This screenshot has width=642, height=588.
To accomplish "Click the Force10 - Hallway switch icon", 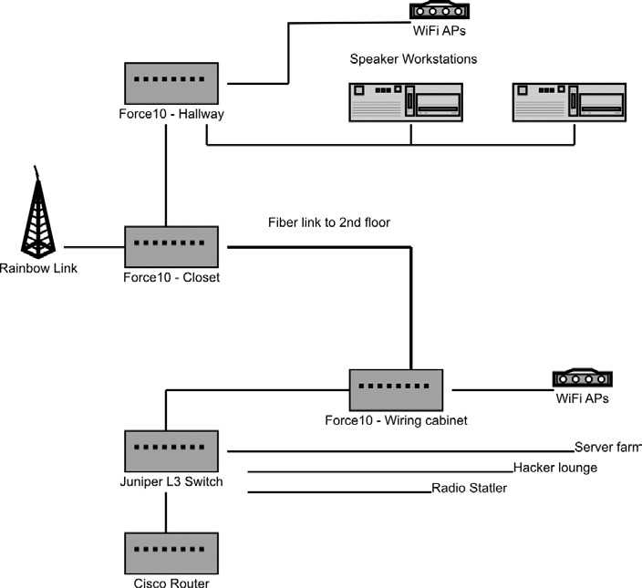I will (171, 81).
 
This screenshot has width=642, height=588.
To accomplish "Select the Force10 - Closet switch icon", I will (171, 245).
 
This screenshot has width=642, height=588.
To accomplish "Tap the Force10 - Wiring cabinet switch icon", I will (396, 389).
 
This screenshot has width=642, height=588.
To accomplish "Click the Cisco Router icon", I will (171, 551).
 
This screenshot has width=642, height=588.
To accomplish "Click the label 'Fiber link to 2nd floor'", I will (329, 222).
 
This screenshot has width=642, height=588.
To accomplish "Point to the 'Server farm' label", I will (607, 448).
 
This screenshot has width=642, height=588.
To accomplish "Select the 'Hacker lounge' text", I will (554, 468).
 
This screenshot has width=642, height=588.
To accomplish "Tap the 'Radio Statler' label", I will (469, 489).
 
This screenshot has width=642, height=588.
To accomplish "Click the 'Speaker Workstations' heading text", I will (413, 59).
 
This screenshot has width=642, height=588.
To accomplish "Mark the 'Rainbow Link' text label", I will (38, 268).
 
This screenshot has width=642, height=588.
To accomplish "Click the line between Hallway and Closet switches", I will (165, 173).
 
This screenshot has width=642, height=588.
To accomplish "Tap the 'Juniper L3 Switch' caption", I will (171, 482).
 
